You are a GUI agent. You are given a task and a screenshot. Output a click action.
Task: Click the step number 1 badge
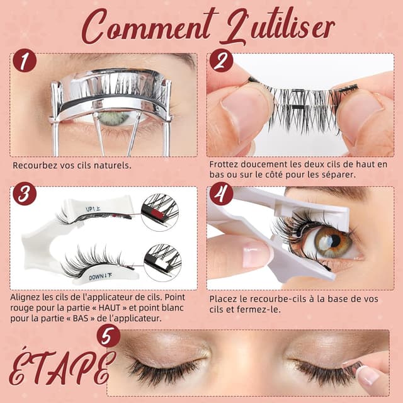tap(25, 60)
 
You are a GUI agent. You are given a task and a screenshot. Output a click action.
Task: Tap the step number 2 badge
tap(221, 60)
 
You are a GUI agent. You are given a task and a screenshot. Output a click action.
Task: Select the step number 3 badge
tap(25, 193)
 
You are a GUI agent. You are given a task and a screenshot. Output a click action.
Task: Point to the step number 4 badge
tap(221, 193)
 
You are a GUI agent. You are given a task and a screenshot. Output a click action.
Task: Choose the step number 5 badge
tap(108, 336)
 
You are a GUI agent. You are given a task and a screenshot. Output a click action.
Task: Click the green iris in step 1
tap(113, 118)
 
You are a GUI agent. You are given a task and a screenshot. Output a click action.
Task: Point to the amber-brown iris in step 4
tap(333, 242)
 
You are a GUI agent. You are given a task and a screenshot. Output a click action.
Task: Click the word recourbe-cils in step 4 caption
tap(278, 299)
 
